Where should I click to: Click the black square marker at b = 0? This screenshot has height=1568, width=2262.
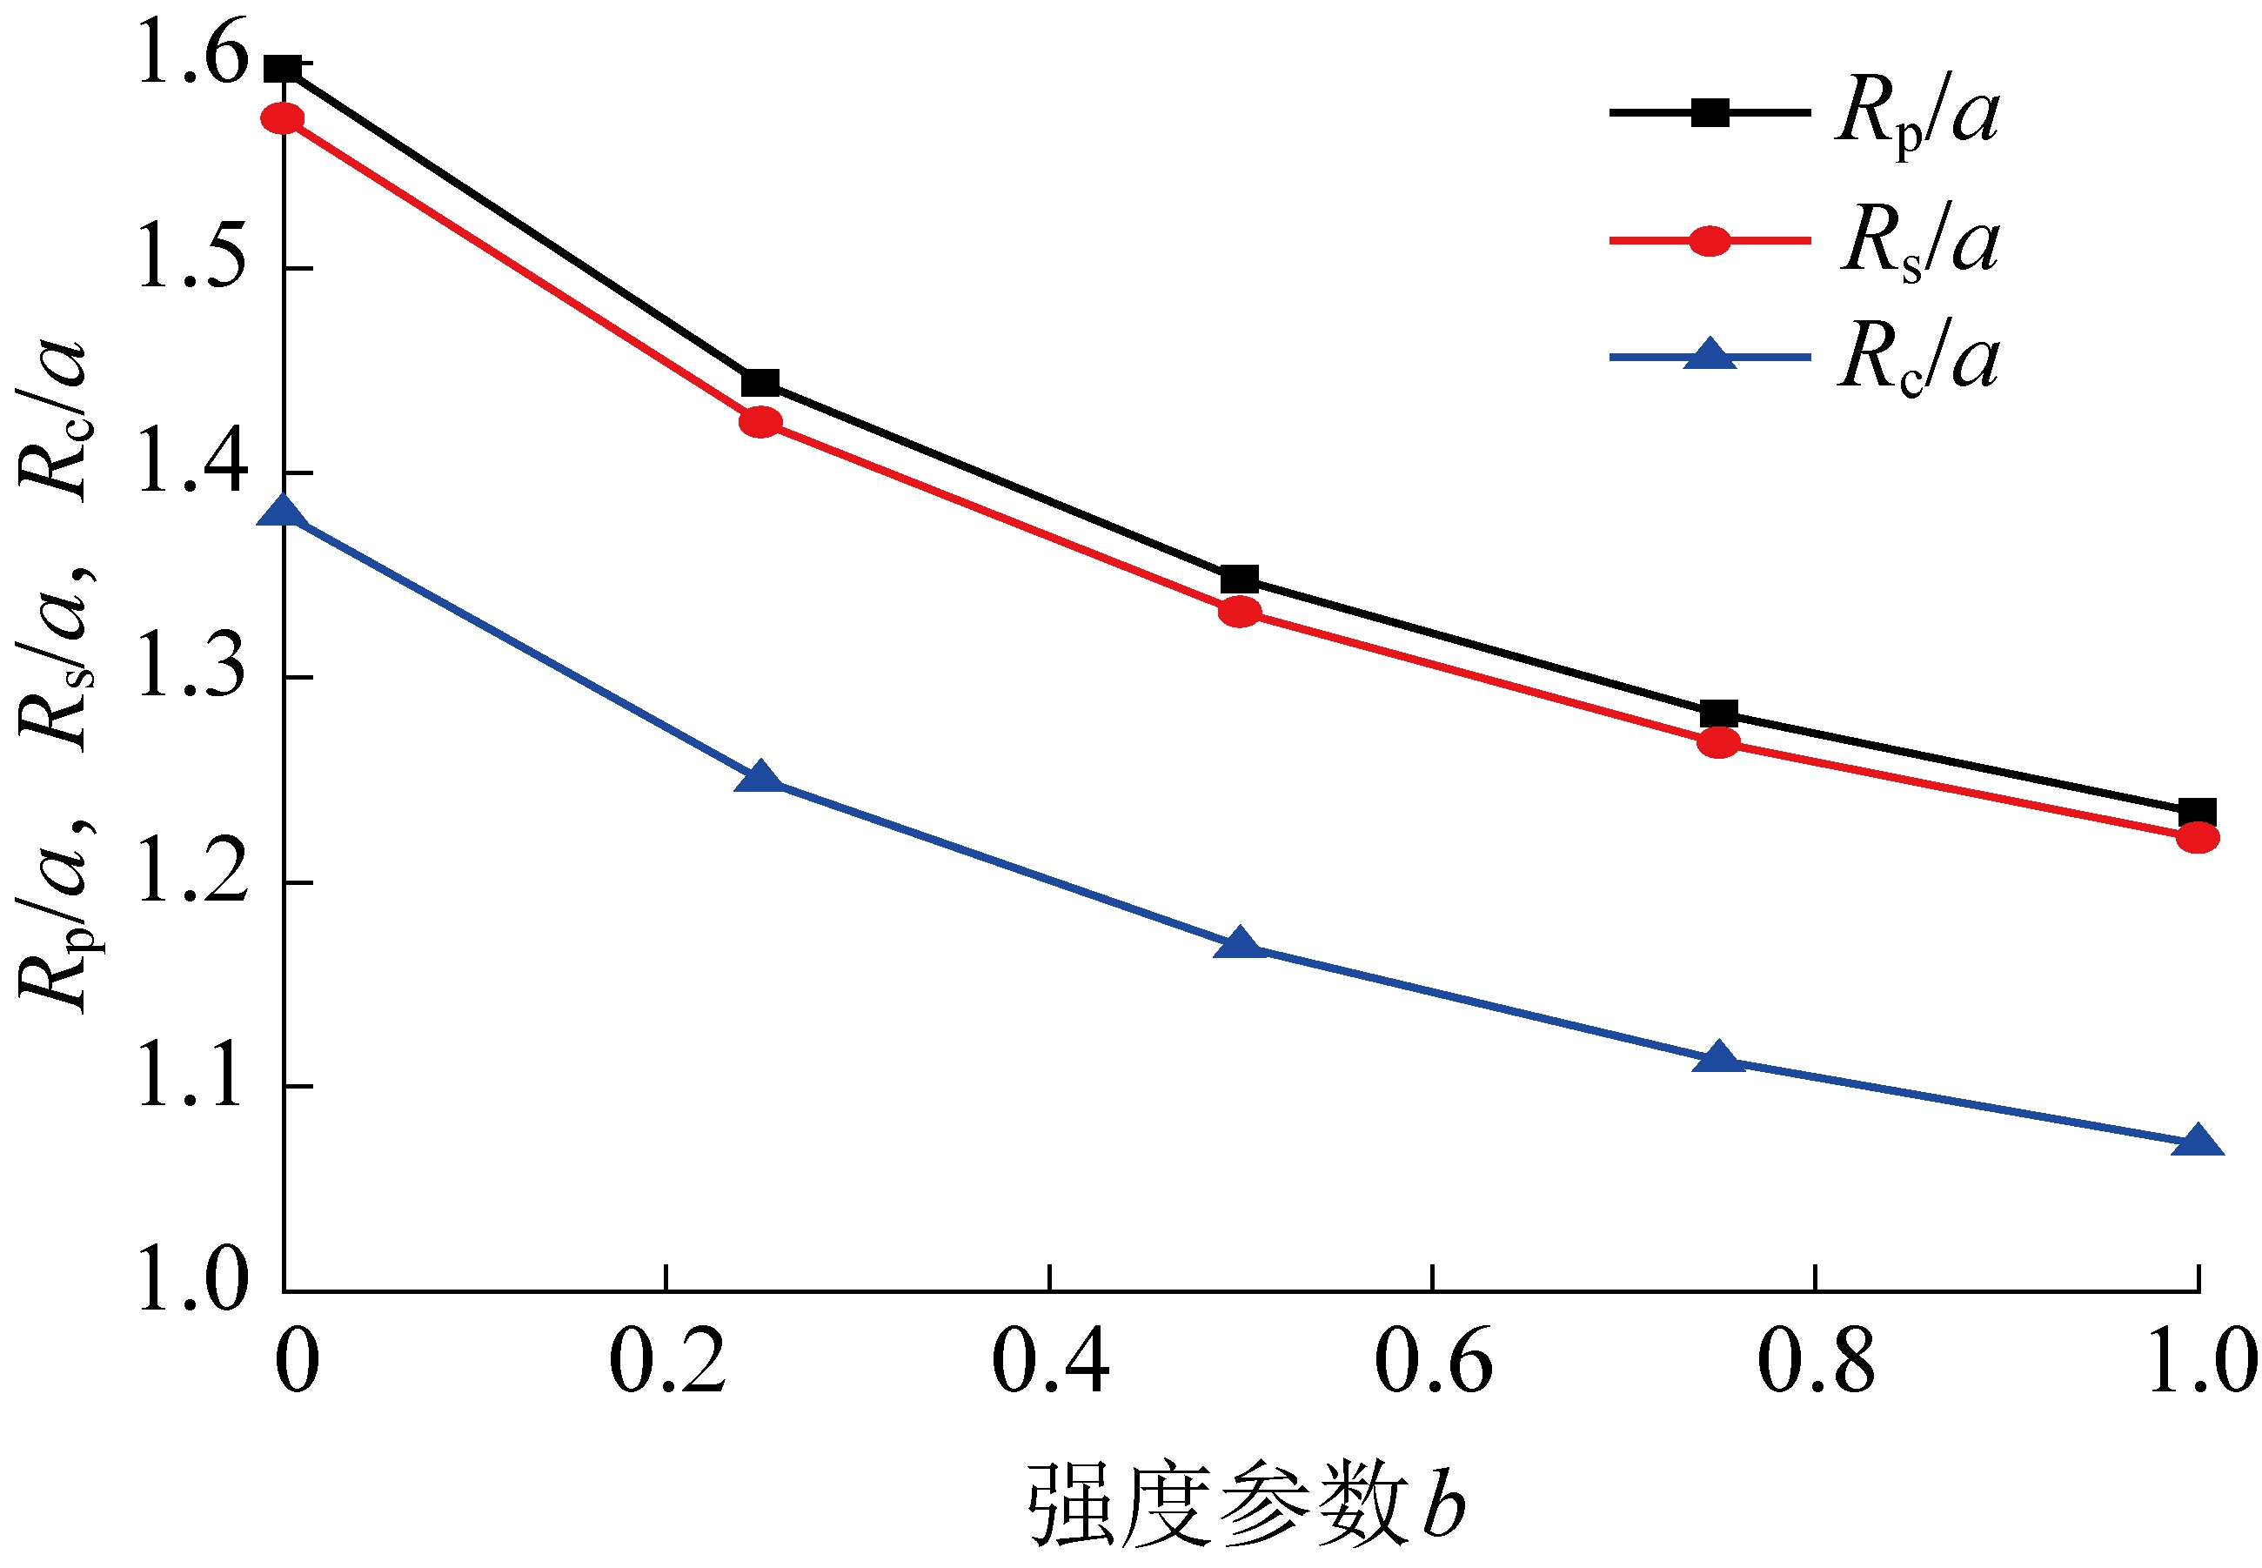(x=283, y=69)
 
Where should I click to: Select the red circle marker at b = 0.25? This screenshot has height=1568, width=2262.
(x=760, y=424)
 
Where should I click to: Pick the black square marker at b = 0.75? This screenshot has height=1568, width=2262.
(x=1718, y=714)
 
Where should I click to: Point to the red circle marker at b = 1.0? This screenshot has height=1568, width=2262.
(x=2197, y=838)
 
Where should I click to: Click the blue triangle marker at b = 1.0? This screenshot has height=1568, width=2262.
(x=2197, y=1142)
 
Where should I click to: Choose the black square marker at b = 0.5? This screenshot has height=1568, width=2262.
(x=1240, y=580)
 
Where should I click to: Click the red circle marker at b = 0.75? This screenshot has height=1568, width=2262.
(x=1718, y=744)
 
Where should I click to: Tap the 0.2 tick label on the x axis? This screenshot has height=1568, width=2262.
(x=667, y=1362)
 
